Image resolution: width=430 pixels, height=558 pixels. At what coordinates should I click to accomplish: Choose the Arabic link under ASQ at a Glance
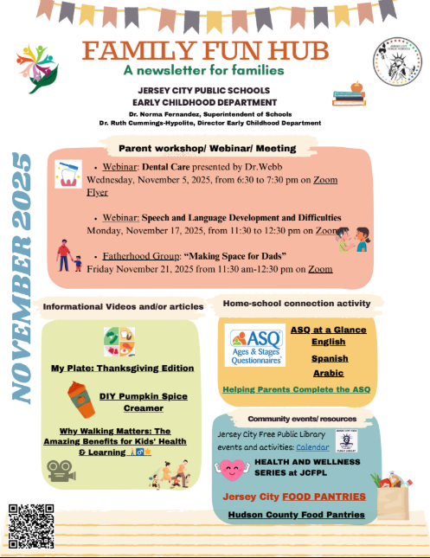[328, 373]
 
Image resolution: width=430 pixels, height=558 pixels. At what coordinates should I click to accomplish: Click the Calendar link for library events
[312, 446]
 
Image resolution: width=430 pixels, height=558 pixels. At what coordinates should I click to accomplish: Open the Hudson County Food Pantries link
[296, 515]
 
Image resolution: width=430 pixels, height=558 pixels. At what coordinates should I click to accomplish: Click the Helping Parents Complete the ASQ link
[296, 389]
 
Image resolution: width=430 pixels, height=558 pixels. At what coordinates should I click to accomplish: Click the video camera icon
[60, 470]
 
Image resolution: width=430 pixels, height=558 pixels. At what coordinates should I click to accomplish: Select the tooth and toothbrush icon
[67, 174]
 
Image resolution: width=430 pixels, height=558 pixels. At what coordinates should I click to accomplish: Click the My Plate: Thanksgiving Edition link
[122, 368]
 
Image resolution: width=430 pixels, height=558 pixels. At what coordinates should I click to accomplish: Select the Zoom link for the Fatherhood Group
[320, 269]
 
